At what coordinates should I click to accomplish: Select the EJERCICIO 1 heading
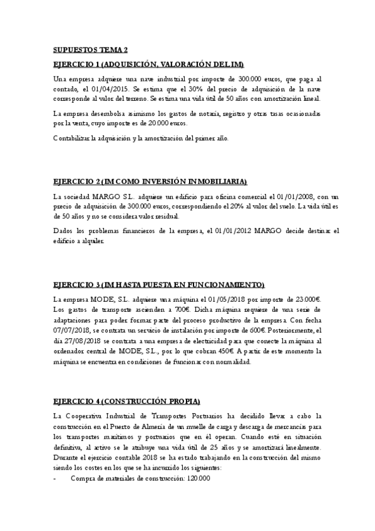point(148,64)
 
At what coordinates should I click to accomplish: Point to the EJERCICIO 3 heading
point(159,283)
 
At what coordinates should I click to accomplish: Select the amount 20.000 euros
point(148,124)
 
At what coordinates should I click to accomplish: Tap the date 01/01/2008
point(277,197)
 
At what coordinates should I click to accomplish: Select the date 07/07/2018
point(74,330)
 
